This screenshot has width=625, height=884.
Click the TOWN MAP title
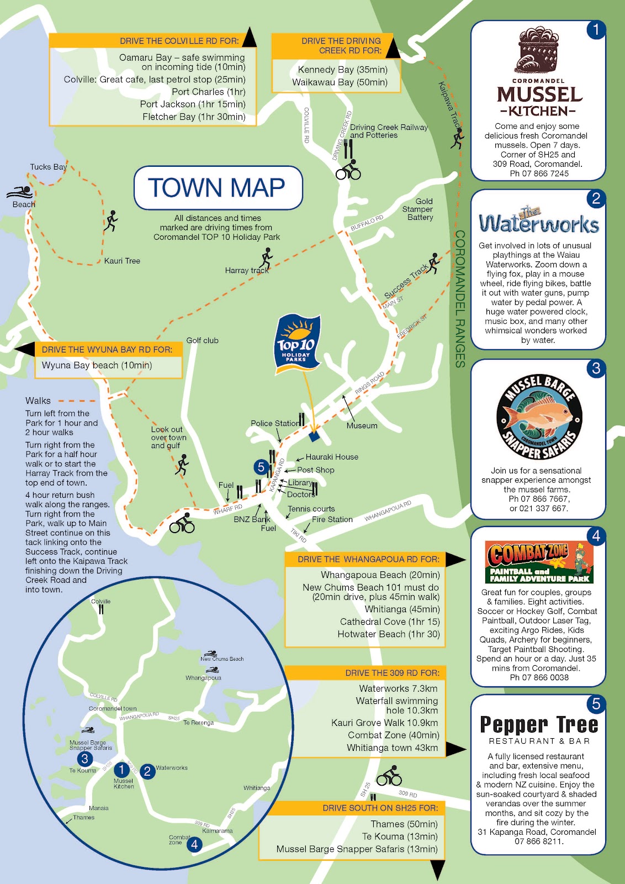click(217, 188)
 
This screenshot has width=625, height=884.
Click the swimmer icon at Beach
click(20, 192)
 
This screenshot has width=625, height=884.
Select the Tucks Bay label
click(48, 167)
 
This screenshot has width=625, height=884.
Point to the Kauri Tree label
click(122, 261)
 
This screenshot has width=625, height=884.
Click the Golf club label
click(202, 340)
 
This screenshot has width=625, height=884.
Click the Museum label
click(362, 425)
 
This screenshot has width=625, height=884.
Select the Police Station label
click(274, 423)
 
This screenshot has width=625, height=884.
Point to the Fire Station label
click(332, 519)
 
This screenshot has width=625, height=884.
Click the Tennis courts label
click(311, 509)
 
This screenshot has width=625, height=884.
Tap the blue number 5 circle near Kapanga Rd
click(261, 467)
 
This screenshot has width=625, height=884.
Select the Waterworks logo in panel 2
click(538, 222)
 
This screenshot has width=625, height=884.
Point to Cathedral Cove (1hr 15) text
click(390, 622)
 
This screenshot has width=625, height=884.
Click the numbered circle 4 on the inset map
click(194, 844)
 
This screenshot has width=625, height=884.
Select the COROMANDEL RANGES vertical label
click(459, 299)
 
